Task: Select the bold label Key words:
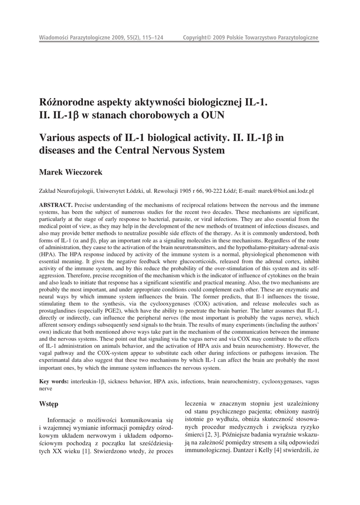[54, 382]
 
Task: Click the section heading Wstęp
[48, 404]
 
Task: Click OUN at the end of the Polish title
[213, 116]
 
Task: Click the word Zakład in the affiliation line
[48, 190]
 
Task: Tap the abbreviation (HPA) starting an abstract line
[48, 254]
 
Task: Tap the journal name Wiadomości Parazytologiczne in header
[75, 38]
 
